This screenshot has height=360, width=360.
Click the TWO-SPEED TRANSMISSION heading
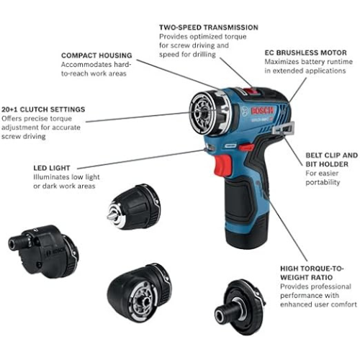tap(209, 27)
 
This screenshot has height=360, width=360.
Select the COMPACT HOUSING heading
tap(96, 55)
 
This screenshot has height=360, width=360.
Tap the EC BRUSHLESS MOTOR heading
tap(305, 53)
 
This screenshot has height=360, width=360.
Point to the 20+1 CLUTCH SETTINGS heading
tap(43, 109)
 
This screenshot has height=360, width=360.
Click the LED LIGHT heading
tap(52, 168)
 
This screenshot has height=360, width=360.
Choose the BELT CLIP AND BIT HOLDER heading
tap(331, 160)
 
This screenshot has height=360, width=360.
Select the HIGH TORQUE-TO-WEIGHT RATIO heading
tap(312, 273)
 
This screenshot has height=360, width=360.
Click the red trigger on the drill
tap(223, 166)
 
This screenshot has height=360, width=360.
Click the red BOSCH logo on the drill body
tap(262, 110)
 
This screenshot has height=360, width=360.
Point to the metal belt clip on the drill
tap(284, 128)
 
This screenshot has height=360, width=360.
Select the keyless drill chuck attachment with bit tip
tap(133, 207)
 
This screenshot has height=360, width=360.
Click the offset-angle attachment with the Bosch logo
tap(43, 251)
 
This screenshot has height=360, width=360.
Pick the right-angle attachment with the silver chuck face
tap(139, 292)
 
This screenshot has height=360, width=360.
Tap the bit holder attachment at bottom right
tap(240, 307)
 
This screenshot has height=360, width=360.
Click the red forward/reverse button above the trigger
tap(246, 147)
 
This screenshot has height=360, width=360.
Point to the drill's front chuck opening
tap(202, 113)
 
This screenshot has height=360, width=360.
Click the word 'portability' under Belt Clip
tap(323, 182)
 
